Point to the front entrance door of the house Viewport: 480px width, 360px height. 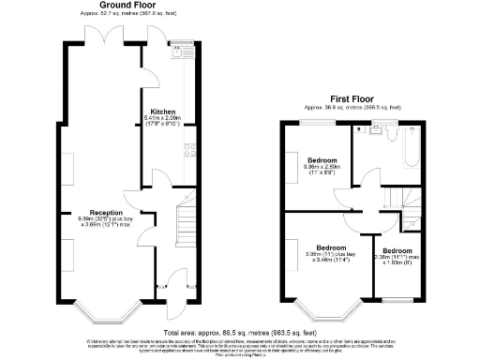pyautogui.click(x=173, y=302)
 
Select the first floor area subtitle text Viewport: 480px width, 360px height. pyautogui.click(x=352, y=107)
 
